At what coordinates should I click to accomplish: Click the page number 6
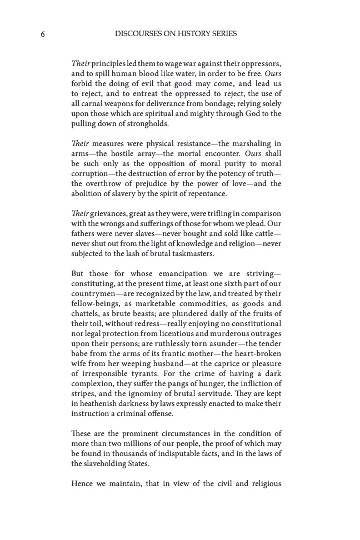pos(42,34)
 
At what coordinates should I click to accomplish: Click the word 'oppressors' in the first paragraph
pos(262,63)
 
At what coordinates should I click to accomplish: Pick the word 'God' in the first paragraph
pos(254,114)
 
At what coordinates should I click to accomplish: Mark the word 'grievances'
pos(104,214)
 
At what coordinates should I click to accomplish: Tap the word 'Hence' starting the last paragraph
pos(83,484)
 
